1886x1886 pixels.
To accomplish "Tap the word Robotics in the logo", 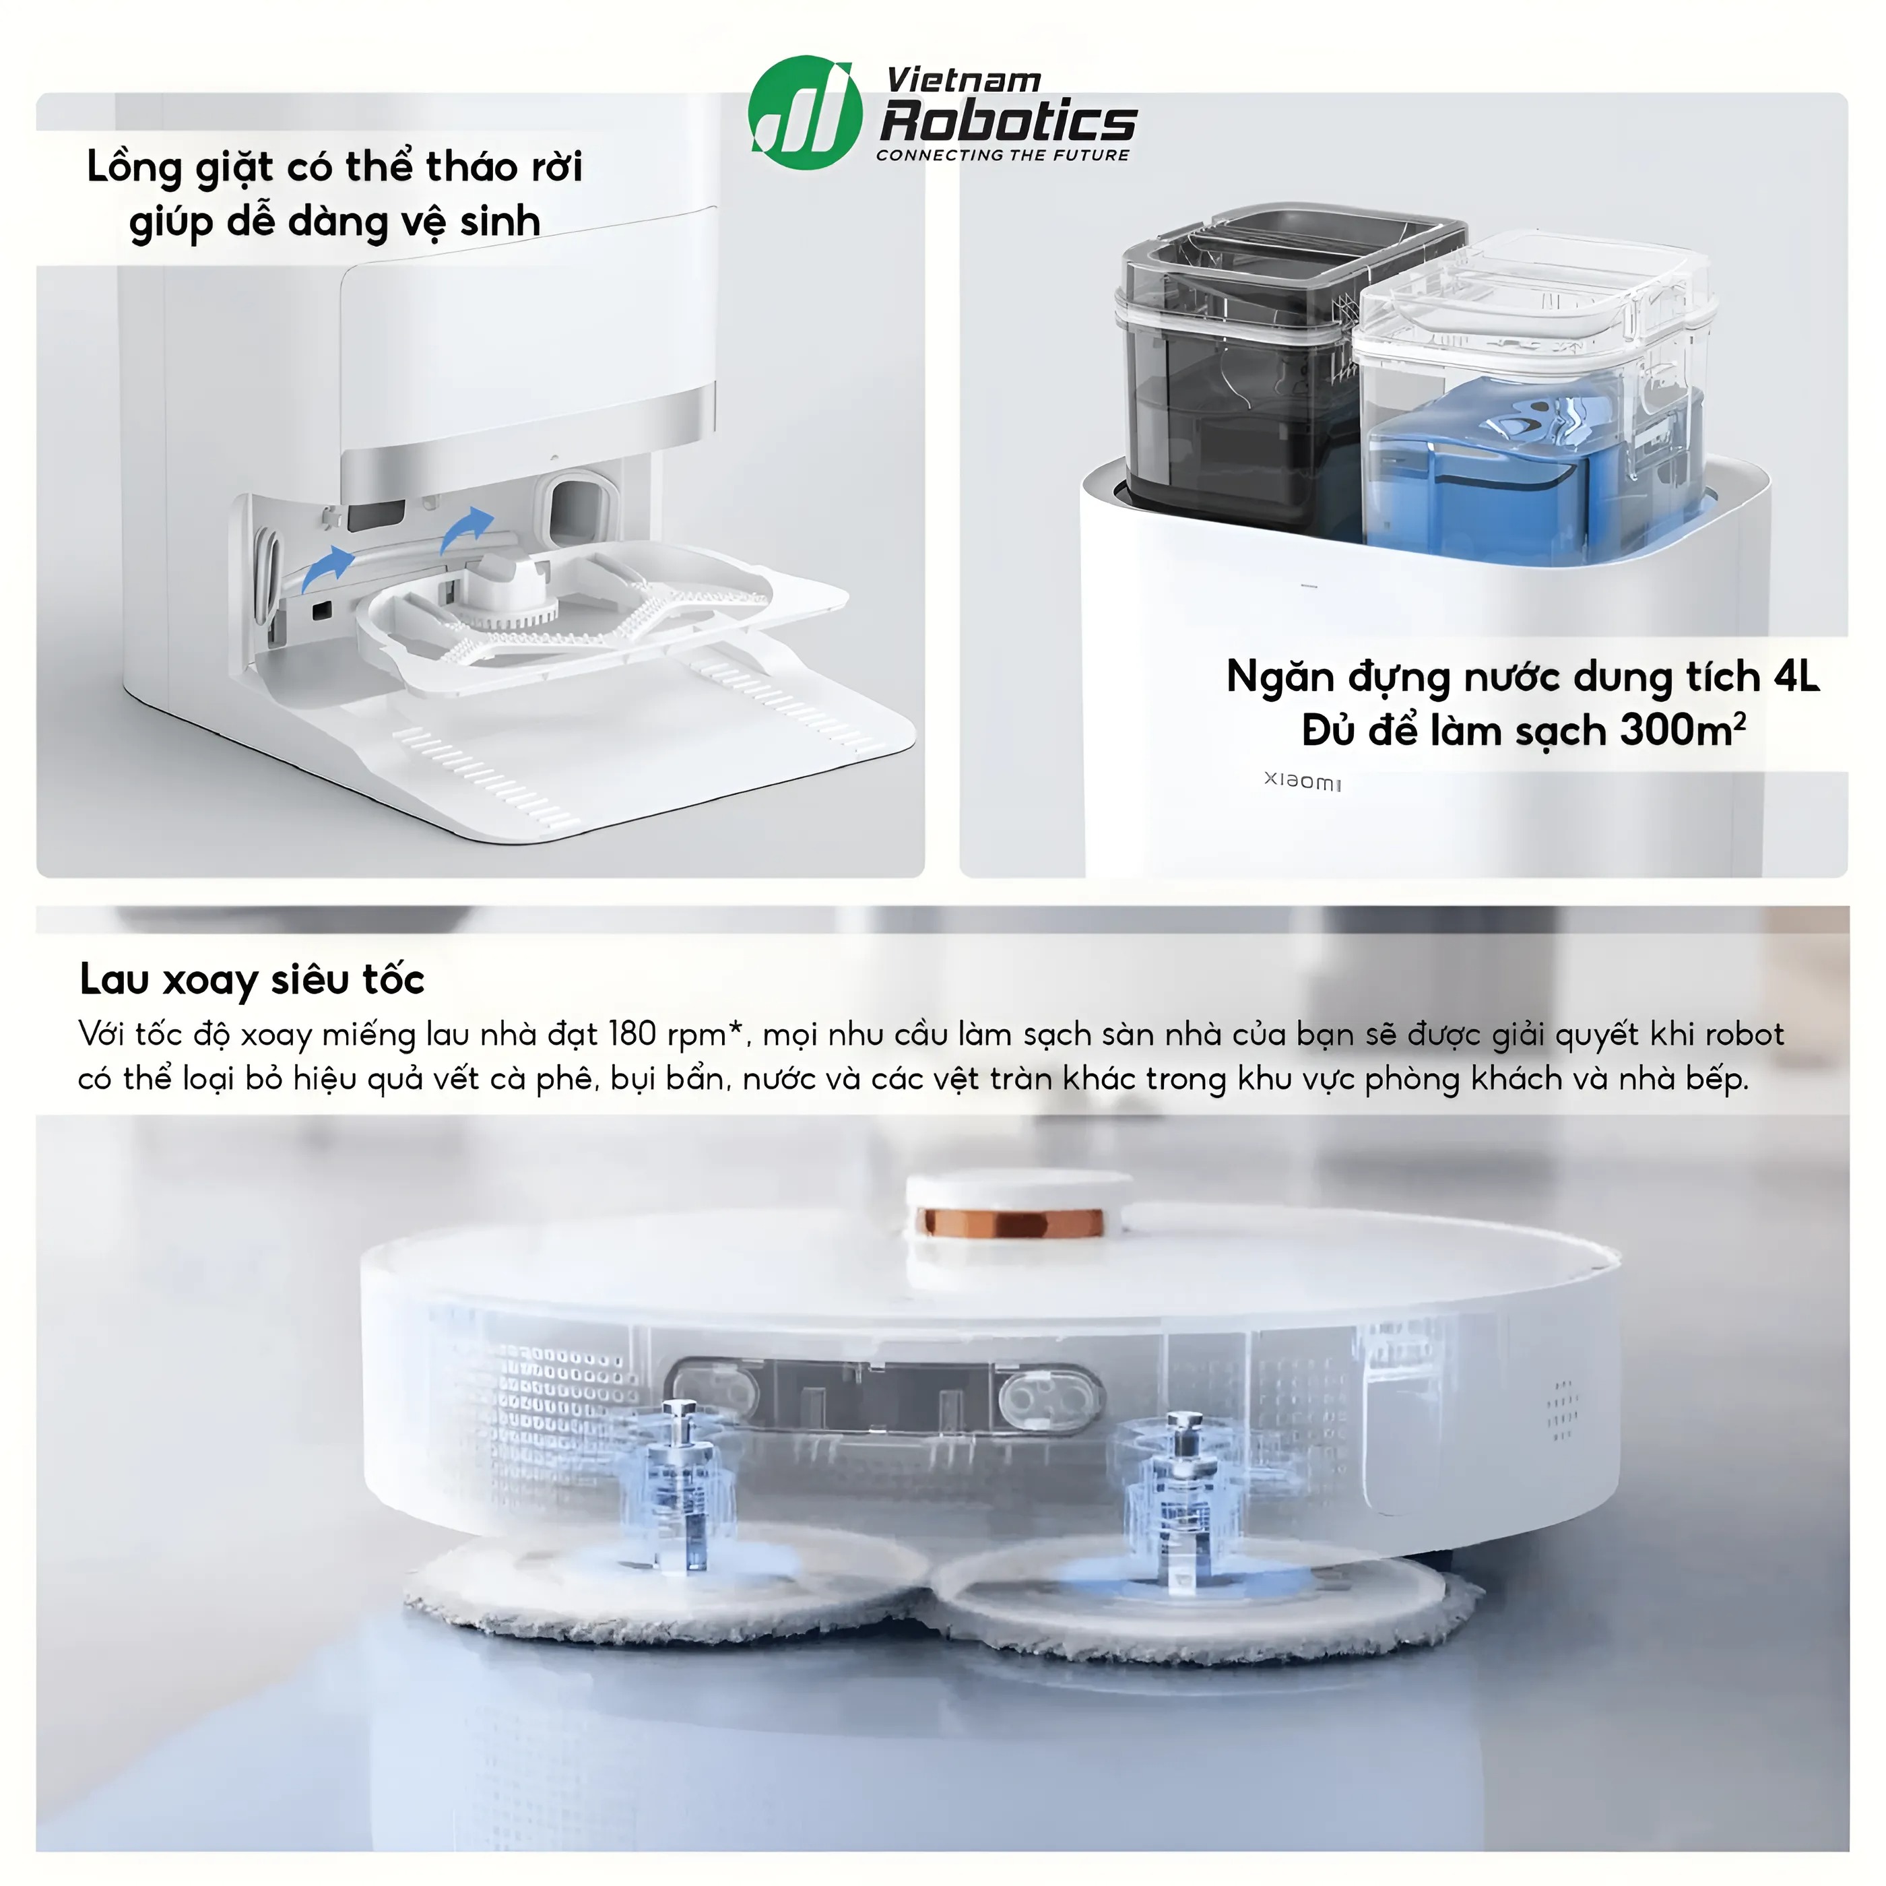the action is coord(1008,121).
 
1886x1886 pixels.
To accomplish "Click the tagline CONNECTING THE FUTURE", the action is coord(1002,155).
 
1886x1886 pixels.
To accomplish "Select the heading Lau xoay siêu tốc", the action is coord(252,980).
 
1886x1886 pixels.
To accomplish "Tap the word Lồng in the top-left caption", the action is coord(135,168).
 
